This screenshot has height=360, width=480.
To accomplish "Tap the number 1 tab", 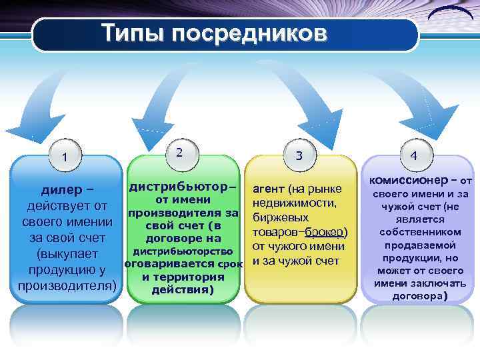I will (64, 157).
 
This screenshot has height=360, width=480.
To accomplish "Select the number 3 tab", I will (299, 155).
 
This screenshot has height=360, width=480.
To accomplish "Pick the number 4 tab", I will (414, 155).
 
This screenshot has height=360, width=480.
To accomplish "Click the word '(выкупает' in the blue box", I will (64, 254).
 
